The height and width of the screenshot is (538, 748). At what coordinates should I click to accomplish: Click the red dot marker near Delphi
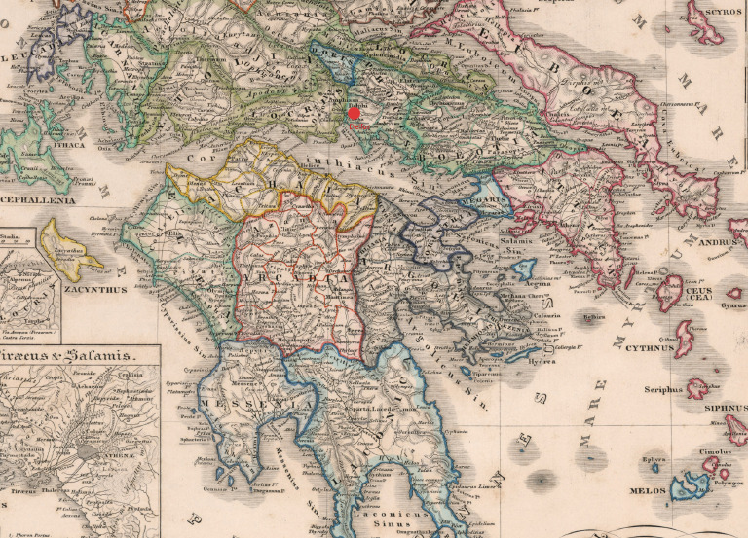355,114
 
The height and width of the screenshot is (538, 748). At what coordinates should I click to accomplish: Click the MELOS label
648,492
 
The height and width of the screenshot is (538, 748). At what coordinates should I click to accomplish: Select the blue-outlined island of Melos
693,484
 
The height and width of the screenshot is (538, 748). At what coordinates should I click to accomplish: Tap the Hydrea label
542,360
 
